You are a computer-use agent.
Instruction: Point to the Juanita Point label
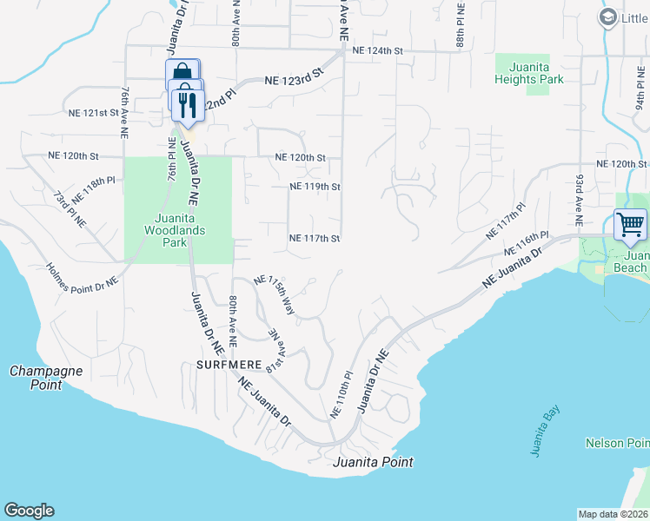[373, 462]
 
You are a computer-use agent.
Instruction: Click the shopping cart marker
[630, 225]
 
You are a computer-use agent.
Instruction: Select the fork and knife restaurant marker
[188, 105]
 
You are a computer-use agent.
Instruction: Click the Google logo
[29, 511]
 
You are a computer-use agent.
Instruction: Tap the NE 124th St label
[377, 51]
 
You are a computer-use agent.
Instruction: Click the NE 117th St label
[314, 238]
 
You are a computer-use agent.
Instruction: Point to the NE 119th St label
[314, 187]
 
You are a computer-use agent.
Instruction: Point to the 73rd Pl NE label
[70, 209]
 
